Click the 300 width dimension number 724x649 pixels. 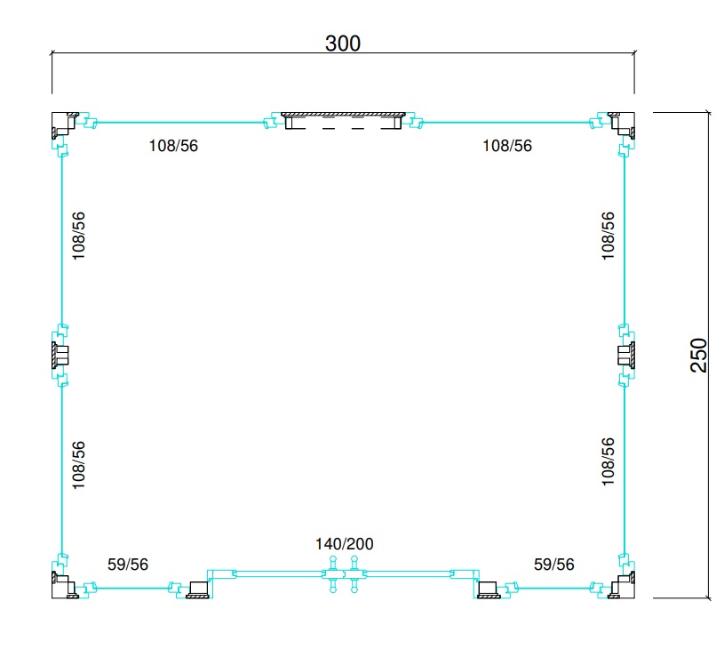343,44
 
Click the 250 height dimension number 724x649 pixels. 698,355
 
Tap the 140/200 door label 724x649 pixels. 345,543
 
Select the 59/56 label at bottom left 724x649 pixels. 128,564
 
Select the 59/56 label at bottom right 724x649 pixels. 554,564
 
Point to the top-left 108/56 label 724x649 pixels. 173,146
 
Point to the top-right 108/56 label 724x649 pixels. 507,146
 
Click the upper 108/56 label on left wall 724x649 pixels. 78,236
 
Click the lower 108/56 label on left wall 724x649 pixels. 78,465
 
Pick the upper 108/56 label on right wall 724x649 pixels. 609,236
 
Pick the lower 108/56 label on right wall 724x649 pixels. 609,461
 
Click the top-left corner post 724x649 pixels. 63,123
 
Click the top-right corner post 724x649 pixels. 624,123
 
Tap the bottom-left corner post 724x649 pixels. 63,587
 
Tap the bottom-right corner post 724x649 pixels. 624,587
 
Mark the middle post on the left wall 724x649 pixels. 60,355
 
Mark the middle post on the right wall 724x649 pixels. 626,355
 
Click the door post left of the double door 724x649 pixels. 197,590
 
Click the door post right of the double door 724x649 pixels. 489,590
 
